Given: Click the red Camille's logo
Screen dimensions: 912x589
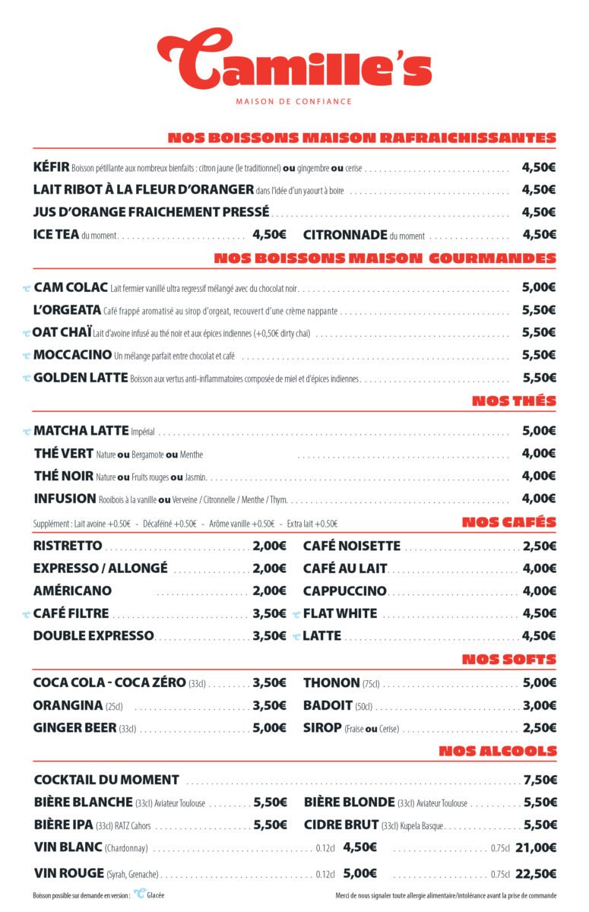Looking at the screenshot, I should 294,59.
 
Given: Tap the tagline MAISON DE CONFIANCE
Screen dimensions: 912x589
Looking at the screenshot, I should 294,101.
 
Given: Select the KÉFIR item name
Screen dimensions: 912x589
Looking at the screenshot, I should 52,167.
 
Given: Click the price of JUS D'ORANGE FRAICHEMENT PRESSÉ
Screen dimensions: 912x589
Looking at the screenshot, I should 539,212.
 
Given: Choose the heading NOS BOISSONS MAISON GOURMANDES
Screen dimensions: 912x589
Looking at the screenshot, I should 385,258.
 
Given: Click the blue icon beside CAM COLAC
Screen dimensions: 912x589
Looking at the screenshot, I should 27,288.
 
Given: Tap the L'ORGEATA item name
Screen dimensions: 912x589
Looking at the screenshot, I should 68,310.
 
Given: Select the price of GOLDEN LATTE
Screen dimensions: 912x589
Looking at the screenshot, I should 539,378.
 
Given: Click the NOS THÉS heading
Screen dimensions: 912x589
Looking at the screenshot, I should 514,401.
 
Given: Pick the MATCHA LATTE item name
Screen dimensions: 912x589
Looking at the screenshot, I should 81,431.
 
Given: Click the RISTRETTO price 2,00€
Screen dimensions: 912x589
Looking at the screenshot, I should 269,546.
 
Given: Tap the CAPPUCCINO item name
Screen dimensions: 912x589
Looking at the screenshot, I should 345,591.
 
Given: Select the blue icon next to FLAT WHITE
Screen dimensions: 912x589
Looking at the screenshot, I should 296,614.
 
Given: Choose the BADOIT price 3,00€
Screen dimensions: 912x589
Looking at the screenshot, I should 540,705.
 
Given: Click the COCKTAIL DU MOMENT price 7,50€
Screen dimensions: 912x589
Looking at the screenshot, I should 540,780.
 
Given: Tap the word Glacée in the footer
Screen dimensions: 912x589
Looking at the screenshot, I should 156,895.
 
